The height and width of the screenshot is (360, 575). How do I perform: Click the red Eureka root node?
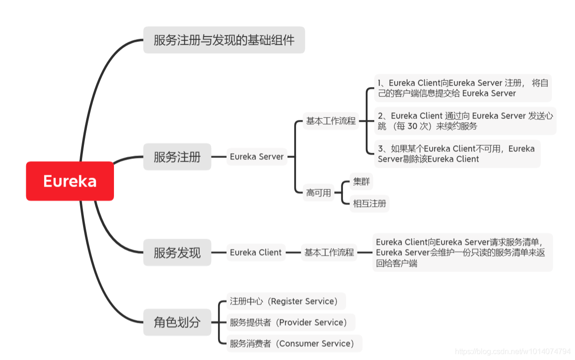pos(70,181)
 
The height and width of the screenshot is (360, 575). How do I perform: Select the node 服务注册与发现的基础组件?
pos(224,40)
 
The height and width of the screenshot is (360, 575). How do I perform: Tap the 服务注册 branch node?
pos(177,157)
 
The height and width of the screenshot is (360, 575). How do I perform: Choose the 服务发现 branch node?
pos(177,253)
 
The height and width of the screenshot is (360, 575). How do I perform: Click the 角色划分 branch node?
pos(177,322)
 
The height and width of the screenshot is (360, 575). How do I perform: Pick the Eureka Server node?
pos(257,157)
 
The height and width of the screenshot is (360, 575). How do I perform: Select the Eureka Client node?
pos(256,253)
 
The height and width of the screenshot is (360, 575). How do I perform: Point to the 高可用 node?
pos(318,192)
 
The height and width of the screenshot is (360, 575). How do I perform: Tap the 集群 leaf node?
pos(361,181)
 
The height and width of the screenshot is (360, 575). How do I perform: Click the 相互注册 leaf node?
pos(370,204)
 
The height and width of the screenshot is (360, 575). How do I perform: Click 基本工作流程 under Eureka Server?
pos(331,121)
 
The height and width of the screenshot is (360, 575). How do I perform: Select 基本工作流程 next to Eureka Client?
pos(329,253)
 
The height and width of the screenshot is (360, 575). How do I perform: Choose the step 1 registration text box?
pos(462,88)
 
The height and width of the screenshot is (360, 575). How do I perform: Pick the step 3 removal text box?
pos(456,153)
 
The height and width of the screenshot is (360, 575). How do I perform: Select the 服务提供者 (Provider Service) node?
pos(289,322)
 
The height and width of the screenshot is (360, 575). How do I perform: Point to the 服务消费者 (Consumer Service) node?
pos(292,344)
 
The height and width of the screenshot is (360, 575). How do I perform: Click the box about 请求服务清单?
pos(462,253)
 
